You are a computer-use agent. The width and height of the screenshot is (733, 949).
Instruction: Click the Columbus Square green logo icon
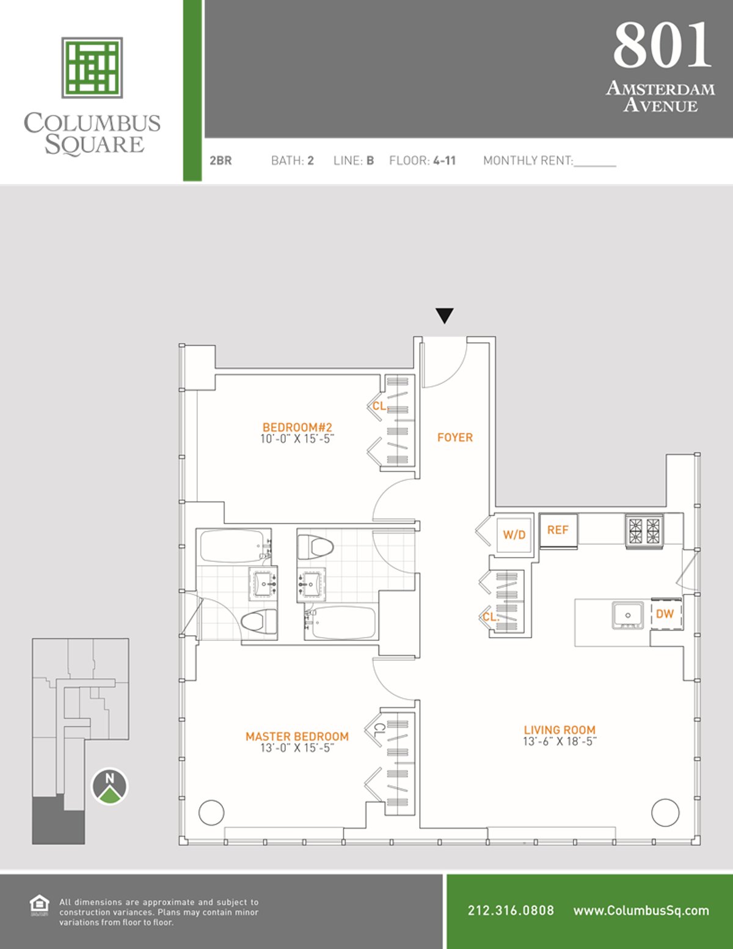point(92,67)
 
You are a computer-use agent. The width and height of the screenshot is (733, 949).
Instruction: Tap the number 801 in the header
point(662,46)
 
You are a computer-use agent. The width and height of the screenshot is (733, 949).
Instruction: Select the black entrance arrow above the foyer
point(445,316)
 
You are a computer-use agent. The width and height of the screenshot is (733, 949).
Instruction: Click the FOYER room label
point(454,437)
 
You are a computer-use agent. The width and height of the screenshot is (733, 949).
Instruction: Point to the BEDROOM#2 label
point(297,427)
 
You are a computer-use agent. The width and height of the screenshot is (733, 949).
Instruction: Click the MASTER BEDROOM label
point(297,736)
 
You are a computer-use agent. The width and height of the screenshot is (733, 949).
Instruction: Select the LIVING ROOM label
point(559,729)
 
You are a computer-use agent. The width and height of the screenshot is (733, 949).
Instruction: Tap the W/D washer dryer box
point(514,534)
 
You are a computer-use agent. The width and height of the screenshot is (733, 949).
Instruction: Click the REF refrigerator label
point(558,530)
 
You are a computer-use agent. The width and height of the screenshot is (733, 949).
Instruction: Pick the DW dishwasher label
point(665,614)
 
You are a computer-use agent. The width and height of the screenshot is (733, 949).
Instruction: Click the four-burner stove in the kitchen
point(644,530)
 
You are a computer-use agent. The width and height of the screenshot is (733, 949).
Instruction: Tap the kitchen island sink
point(627,615)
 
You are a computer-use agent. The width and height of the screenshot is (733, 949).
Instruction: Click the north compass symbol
point(110,786)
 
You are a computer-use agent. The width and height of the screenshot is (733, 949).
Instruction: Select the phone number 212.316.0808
point(511,910)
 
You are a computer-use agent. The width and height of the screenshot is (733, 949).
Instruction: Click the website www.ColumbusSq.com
point(641,910)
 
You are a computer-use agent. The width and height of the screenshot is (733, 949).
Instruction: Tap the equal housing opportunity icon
point(39,905)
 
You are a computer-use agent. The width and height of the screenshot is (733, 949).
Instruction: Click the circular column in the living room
point(665,813)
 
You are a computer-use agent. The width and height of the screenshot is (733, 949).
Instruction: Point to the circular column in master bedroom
point(211,813)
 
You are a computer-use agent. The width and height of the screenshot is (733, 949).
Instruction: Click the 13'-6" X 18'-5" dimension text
point(559,742)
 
